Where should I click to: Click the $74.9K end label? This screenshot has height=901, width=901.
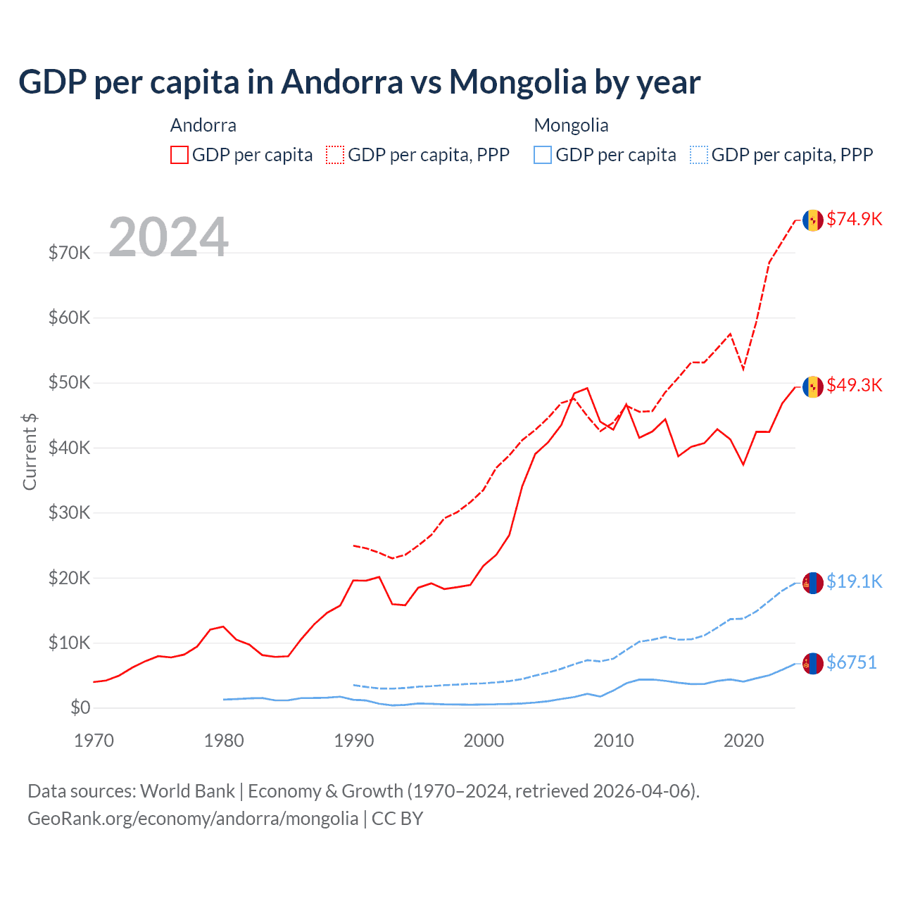[854, 219]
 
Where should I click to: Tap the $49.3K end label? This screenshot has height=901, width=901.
[854, 385]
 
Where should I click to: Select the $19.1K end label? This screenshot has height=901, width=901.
[854, 581]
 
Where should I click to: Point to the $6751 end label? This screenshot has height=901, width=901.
[851, 662]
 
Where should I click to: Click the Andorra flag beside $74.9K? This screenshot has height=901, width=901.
[813, 220]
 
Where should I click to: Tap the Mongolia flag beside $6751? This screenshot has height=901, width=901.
[813, 663]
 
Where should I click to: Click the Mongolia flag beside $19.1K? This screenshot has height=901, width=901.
[813, 582]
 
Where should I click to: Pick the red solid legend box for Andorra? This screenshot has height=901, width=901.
[179, 155]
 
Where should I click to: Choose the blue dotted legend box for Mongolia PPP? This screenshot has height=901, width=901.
[699, 155]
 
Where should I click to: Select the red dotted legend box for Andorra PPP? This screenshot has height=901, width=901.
[335, 155]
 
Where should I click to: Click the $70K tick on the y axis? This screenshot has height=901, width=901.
[70, 253]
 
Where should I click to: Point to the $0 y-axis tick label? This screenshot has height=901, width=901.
[80, 707]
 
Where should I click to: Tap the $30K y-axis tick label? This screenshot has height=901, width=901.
[70, 512]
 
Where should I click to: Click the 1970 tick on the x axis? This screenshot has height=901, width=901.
[94, 741]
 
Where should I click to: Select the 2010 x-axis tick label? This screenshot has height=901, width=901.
[614, 741]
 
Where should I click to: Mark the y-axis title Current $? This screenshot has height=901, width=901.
[30, 452]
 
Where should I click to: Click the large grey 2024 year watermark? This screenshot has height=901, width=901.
[169, 237]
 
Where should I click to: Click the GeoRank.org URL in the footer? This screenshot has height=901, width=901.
[193, 819]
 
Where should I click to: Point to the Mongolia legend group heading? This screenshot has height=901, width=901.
[571, 125]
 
